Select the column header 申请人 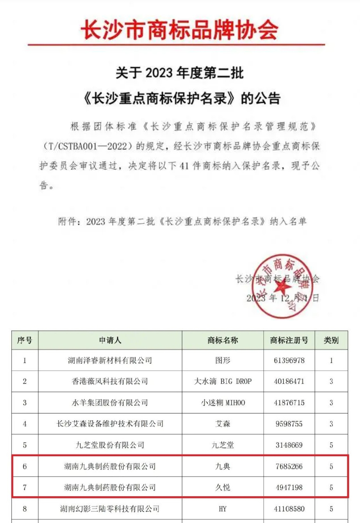(110, 340)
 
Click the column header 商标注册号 (289, 340)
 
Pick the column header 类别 (331, 340)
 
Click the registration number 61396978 (289, 361)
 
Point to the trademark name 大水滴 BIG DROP (223, 381)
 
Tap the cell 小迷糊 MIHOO (223, 403)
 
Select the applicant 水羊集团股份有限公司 (110, 403)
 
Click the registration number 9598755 (289, 424)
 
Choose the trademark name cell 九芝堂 (223, 445)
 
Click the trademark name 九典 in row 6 (223, 466)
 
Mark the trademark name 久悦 (223, 487)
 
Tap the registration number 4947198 (289, 487)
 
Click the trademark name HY (223, 509)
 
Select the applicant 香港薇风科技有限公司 (110, 381)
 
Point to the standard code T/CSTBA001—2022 (87, 147)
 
